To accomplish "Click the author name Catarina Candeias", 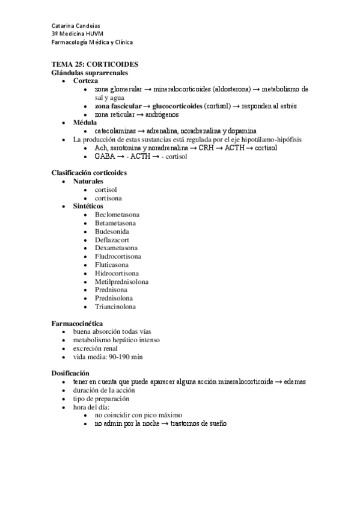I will pyautogui.click(x=76, y=26).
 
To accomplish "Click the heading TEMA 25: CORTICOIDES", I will pyautogui.click(x=96, y=64).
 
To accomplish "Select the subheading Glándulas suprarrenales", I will pyautogui.click(x=90, y=72).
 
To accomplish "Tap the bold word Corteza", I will pyautogui.click(x=86, y=81).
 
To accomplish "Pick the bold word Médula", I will pyautogui.click(x=85, y=122).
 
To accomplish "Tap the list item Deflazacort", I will pyautogui.click(x=111, y=239).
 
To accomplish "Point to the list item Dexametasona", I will pyautogui.click(x=116, y=248).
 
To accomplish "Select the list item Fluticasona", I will pyautogui.click(x=112, y=265).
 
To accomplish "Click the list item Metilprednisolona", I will pyautogui.click(x=122, y=281).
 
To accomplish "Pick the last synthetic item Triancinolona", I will pyautogui.click(x=115, y=307).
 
